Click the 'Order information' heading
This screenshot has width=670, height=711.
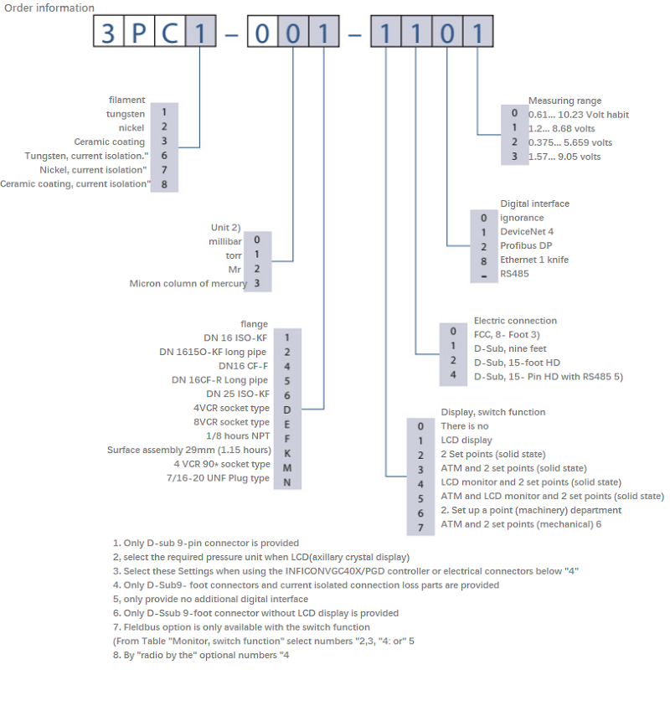tap(49, 8)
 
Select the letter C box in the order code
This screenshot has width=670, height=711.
tap(168, 34)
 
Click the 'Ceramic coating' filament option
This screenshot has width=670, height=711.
tap(109, 142)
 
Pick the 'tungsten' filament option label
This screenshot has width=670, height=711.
tap(126, 114)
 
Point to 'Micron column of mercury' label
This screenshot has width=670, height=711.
tap(188, 283)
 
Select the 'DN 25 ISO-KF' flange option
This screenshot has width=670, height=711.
tap(238, 394)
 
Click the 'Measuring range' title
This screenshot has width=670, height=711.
tap(564, 100)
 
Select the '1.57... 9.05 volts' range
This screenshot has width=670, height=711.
tap(564, 157)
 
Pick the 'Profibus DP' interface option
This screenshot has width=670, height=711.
tap(526, 246)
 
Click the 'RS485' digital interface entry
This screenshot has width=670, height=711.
tap(514, 273)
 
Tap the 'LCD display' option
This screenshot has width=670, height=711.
tap(466, 440)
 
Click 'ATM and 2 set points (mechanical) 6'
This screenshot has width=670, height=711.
tap(521, 524)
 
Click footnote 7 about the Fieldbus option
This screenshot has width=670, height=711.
tap(241, 627)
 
